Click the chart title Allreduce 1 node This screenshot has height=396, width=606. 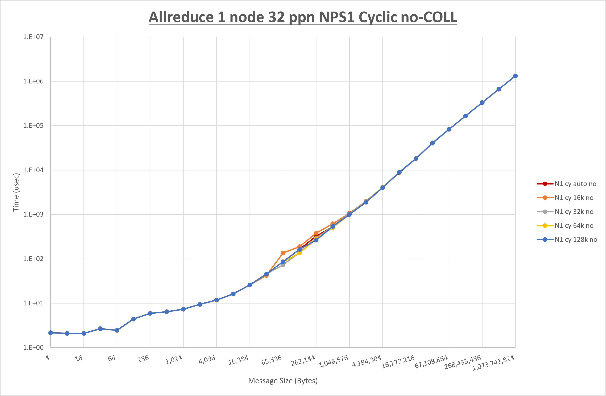(x=303, y=17)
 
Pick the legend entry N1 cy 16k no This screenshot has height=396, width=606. (x=574, y=198)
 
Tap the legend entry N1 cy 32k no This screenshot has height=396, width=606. (x=574, y=212)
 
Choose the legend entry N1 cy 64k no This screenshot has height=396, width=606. (x=574, y=226)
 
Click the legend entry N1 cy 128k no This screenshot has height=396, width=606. (x=576, y=240)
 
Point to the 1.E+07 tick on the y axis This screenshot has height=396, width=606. (x=33, y=37)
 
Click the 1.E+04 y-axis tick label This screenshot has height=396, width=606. (x=33, y=170)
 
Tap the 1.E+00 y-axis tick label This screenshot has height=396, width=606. (x=33, y=348)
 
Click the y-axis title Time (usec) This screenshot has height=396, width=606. (x=16, y=192)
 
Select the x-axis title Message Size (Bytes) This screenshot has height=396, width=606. (x=283, y=381)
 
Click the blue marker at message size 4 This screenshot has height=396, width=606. (x=51, y=333)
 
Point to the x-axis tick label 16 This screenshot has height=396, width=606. (x=79, y=358)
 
